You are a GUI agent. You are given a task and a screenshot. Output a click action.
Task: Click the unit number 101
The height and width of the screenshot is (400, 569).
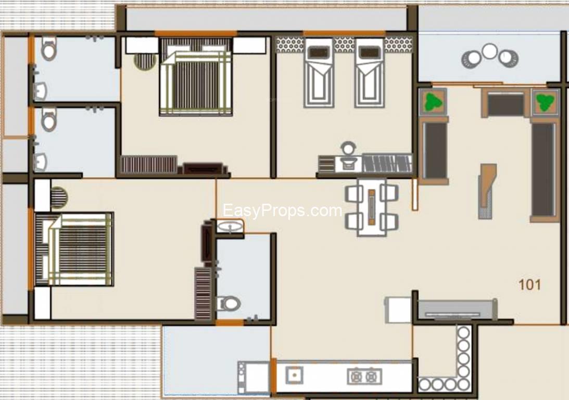(x=529, y=285)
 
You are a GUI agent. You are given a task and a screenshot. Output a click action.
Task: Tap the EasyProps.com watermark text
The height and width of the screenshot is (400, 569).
(x=282, y=211)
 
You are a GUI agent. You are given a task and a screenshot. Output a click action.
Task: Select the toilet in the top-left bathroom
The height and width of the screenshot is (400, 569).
(x=48, y=49)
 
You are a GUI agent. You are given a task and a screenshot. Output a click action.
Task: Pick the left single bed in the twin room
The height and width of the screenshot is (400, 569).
(x=319, y=73)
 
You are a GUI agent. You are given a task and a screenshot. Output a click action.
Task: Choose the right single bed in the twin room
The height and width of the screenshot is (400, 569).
(x=370, y=73)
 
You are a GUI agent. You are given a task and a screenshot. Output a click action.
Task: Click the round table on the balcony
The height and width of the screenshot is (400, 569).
(x=489, y=52)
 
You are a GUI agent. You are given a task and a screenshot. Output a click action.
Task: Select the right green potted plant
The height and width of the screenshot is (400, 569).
(x=545, y=102)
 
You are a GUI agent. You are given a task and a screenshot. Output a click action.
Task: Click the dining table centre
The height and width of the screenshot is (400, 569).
(x=372, y=207)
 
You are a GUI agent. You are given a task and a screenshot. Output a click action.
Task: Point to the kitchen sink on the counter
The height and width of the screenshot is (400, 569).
(x=294, y=374)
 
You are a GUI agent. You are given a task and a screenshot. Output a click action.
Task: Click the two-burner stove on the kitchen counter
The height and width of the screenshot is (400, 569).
(x=364, y=376)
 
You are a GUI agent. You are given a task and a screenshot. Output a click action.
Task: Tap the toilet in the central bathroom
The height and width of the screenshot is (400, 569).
(x=228, y=303)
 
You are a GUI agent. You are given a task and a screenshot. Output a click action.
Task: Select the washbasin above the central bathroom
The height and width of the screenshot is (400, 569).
(x=230, y=227)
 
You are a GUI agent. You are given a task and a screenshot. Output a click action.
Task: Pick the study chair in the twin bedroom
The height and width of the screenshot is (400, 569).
(x=347, y=149)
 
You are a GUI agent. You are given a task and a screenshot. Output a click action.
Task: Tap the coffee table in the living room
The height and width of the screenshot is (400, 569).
(x=487, y=191)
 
